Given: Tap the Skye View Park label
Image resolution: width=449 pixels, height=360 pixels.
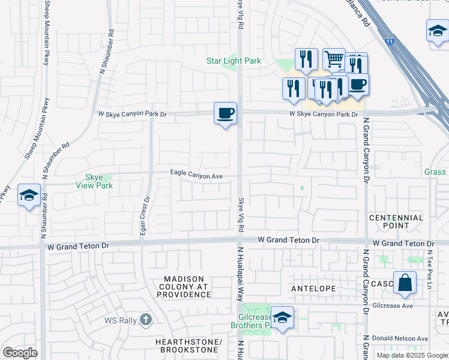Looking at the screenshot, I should pyautogui.click(x=95, y=181).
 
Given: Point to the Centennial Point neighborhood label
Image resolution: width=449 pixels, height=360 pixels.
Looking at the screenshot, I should pyautogui.click(x=396, y=221).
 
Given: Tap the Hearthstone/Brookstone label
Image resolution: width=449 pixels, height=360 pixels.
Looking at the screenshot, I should pyautogui.click(x=191, y=346).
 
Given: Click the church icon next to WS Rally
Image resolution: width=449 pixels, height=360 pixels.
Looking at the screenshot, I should pyautogui.click(x=146, y=320).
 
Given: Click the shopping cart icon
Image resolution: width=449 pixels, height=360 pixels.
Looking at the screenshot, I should pyautogui.click(x=334, y=59).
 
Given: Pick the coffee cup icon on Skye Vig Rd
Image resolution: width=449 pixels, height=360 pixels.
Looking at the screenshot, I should pyautogui.click(x=225, y=113).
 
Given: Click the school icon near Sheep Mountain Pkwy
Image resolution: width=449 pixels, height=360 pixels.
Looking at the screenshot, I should pyautogui.click(x=29, y=195).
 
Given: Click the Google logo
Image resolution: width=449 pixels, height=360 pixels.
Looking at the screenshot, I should pyautogui.click(x=20, y=353).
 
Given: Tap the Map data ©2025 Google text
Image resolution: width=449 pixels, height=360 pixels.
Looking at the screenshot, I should pyautogui.click(x=411, y=355).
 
